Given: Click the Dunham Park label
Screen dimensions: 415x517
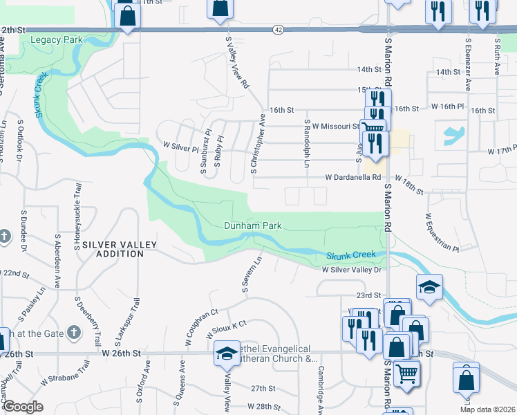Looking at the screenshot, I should [252, 225].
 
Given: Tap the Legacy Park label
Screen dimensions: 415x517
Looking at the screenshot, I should [57, 40].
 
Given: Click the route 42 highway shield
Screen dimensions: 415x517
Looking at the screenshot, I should [278, 29].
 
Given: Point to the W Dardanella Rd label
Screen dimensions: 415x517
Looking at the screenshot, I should [354, 177].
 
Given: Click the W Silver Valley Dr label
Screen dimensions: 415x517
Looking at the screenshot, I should [351, 270].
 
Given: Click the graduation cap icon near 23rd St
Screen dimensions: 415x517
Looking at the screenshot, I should [429, 287].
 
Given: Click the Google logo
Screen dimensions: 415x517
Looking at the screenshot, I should [23, 407].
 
